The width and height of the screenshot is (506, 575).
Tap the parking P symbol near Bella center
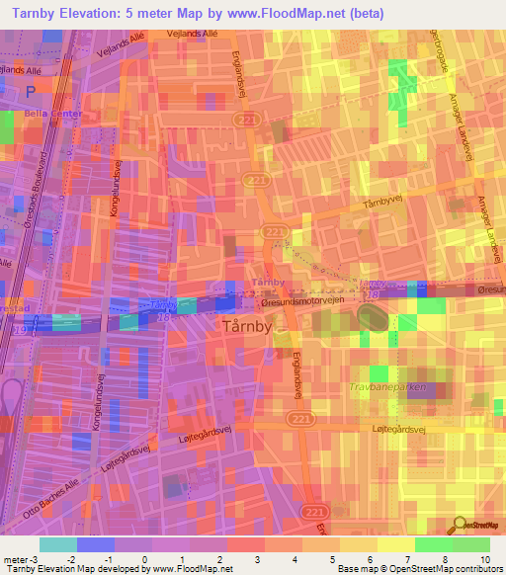[x=32, y=90]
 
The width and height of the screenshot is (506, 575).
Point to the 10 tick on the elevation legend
[x=484, y=560]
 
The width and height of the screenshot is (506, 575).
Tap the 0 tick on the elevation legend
[x=144, y=560]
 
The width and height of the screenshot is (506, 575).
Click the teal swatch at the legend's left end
[x=57, y=544]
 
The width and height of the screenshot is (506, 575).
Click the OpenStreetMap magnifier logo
[x=461, y=527]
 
